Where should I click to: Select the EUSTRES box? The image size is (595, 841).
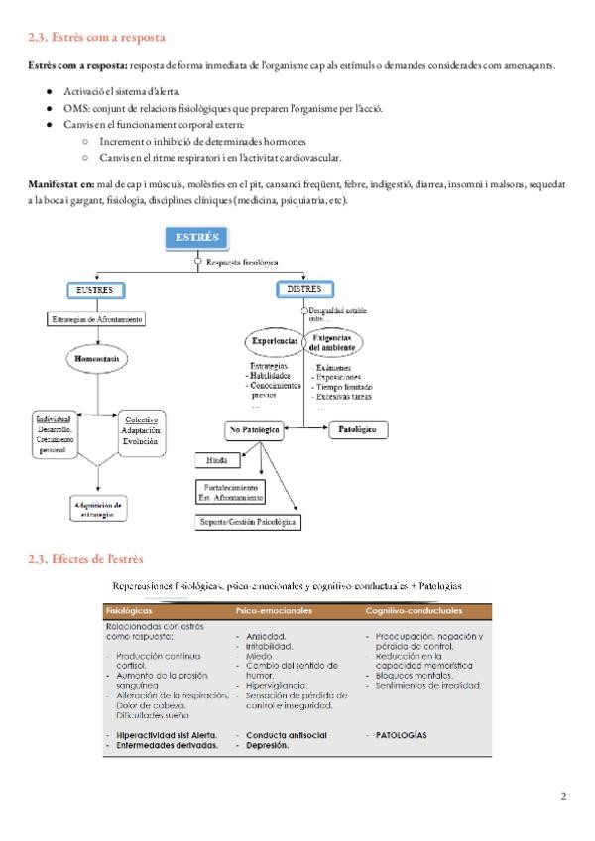pyautogui.click(x=95, y=290)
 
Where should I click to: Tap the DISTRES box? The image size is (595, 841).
pyautogui.click(x=302, y=290)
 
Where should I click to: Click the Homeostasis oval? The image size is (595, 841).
pyautogui.click(x=96, y=357)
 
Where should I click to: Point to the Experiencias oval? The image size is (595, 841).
pyautogui.click(x=273, y=341)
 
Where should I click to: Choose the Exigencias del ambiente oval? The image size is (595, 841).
pyautogui.click(x=334, y=342)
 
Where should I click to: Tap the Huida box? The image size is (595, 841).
pyautogui.click(x=217, y=461)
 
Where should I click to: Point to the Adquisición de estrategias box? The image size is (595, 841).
pyautogui.click(x=97, y=508)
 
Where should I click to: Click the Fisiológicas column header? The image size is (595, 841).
pyautogui.click(x=129, y=612)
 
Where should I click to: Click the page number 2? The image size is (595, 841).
pyautogui.click(x=563, y=796)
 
